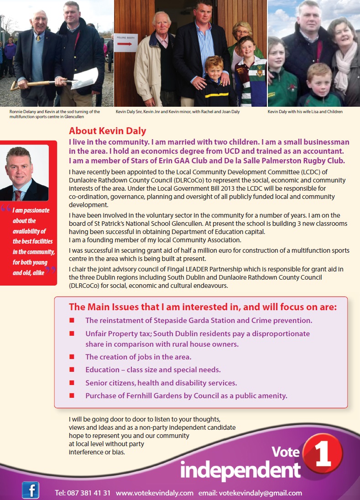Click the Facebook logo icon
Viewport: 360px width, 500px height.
pyautogui.click(x=31, y=490)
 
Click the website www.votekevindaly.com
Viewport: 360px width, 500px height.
pyautogui.click(x=155, y=493)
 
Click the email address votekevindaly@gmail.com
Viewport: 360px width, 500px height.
pyautogui.click(x=261, y=493)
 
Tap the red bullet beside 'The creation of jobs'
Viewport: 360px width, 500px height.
pyautogui.click(x=72, y=357)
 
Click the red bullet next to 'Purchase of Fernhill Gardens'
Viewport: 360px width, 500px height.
pyautogui.click(x=72, y=396)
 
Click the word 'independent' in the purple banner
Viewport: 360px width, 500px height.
pyautogui.click(x=240, y=470)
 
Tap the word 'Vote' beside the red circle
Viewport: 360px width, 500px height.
pyautogui.click(x=286, y=452)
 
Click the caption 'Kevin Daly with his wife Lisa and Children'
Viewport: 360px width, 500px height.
pyautogui.click(x=305, y=111)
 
